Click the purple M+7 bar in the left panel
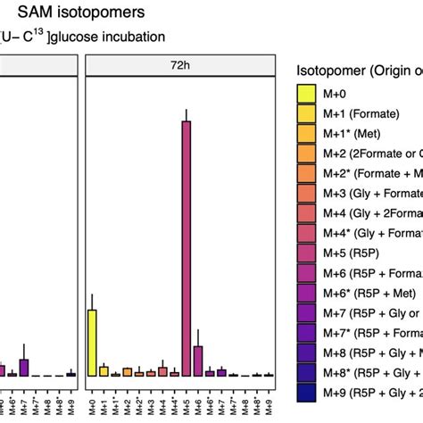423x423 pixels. [x=24, y=367]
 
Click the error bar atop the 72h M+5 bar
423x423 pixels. [x=186, y=114]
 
